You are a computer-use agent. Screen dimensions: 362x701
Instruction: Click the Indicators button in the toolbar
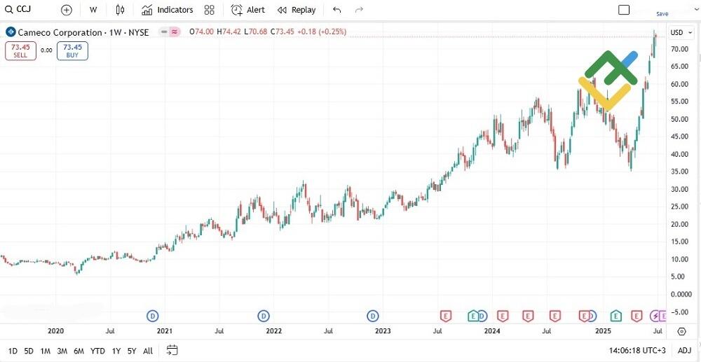coord(167,10)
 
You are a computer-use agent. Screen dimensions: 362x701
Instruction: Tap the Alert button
coord(248,10)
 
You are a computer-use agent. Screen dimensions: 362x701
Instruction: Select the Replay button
coord(297,10)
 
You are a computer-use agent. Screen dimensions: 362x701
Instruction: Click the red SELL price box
coord(20,50)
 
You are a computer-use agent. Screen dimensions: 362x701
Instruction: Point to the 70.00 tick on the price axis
coord(677,49)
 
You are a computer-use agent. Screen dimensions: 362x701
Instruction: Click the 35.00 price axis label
coord(677,172)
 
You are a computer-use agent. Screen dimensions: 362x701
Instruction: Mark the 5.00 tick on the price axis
coord(677,277)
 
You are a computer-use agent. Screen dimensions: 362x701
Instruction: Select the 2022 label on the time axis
coord(273,331)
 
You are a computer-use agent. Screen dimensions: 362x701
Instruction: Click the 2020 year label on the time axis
coord(55,331)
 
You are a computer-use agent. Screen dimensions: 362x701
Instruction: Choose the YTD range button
coord(97,351)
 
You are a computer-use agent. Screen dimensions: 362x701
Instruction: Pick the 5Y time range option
coord(131,351)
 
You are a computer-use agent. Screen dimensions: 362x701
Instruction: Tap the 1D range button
coord(13,351)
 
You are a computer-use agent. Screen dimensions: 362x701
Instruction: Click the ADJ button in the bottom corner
coord(685,351)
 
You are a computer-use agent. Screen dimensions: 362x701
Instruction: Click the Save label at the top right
coord(662,14)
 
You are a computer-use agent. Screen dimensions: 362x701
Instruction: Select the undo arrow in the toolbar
coord(337,10)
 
